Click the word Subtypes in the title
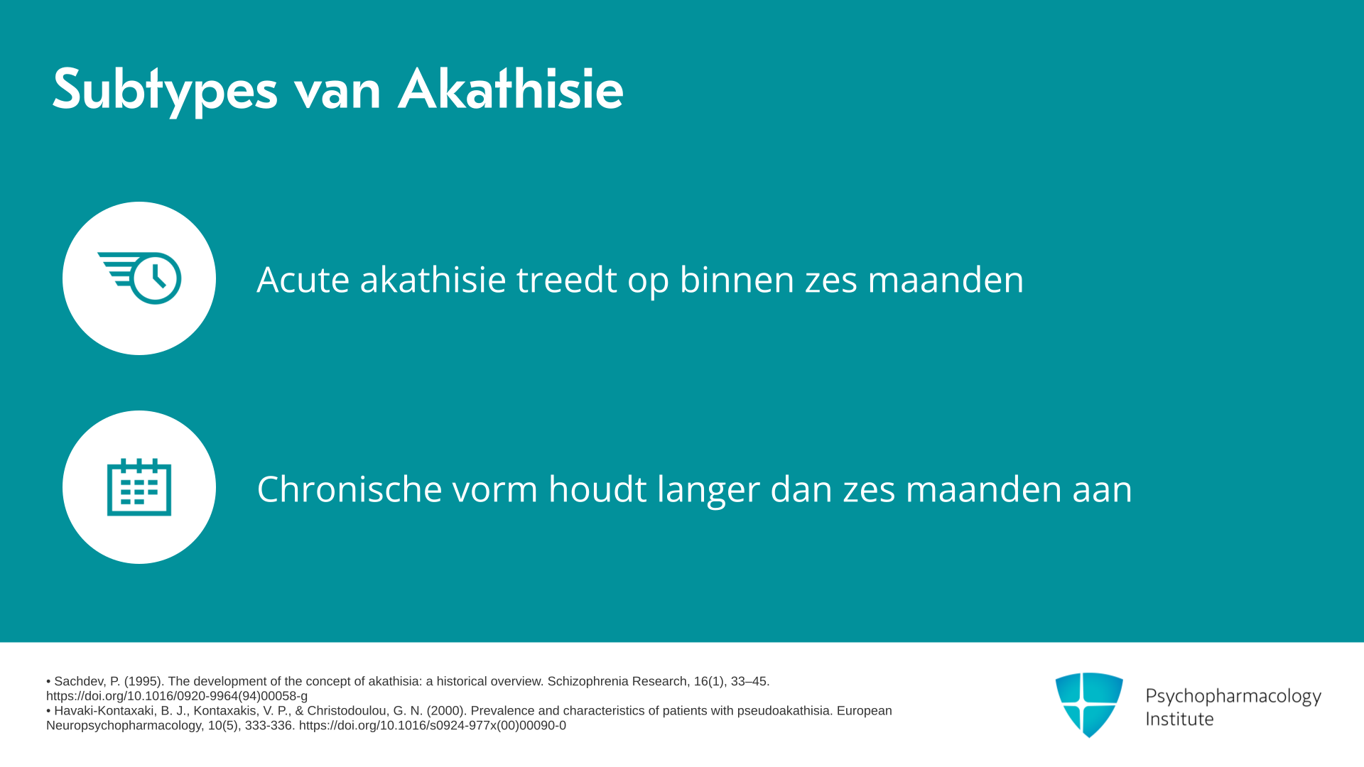click(x=165, y=90)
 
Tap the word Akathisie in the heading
click(x=511, y=89)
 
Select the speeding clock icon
click(x=139, y=278)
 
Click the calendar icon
click(x=139, y=487)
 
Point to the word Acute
click(x=303, y=279)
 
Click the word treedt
click(x=566, y=279)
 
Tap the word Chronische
click(x=350, y=489)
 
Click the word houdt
click(x=597, y=489)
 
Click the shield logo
click(x=1089, y=705)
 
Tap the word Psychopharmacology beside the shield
click(x=1233, y=697)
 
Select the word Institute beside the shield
click(x=1179, y=719)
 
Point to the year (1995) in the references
click(x=144, y=682)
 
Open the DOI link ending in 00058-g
click(x=177, y=697)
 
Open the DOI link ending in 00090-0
click(x=433, y=726)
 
